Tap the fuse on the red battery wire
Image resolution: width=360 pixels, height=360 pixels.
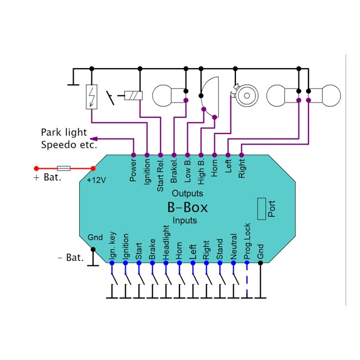coord(64,168)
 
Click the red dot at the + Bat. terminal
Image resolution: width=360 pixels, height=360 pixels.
coord(37,168)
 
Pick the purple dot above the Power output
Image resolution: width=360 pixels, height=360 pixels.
coord(133,155)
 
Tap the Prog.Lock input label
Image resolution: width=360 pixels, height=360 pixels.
coord(247,242)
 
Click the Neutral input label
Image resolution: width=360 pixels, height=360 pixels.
coord(233,244)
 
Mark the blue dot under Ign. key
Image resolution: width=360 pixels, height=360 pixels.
coord(112,264)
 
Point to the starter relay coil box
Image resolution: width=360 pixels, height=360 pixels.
coord(133,95)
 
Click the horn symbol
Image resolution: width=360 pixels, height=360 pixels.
coord(243,95)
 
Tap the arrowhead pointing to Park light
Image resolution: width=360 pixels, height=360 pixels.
coord(93,138)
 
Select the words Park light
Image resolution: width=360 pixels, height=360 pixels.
coord(64,132)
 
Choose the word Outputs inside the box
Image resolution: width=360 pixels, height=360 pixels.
coord(187,194)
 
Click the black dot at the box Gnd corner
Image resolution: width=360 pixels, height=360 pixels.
coord(93,250)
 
